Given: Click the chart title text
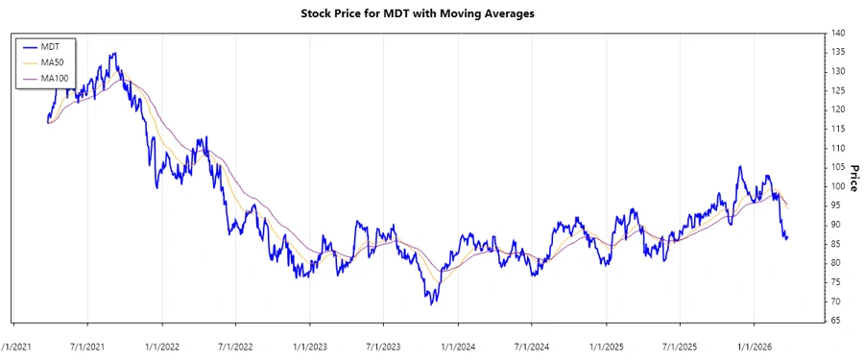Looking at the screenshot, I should pyautogui.click(x=431, y=13).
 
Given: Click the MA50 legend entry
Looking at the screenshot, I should pyautogui.click(x=49, y=62).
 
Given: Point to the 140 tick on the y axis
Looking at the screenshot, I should pyautogui.click(x=837, y=34).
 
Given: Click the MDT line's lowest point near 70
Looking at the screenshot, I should pyautogui.click(x=432, y=304).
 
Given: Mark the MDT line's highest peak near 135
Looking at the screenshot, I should pyautogui.click(x=114, y=54).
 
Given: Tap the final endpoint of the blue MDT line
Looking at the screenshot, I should pyautogui.click(x=787, y=237).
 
